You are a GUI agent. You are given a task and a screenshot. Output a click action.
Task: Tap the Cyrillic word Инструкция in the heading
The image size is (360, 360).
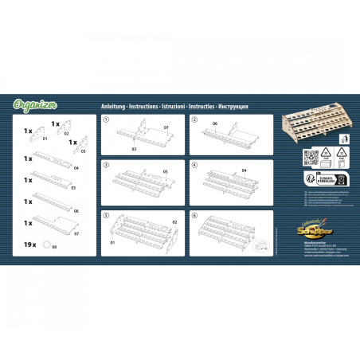[x=233, y=106]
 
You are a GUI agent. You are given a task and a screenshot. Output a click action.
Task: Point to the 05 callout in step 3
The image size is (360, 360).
[x=166, y=171]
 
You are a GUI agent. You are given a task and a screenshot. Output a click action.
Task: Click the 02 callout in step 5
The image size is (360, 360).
[x=174, y=223]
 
